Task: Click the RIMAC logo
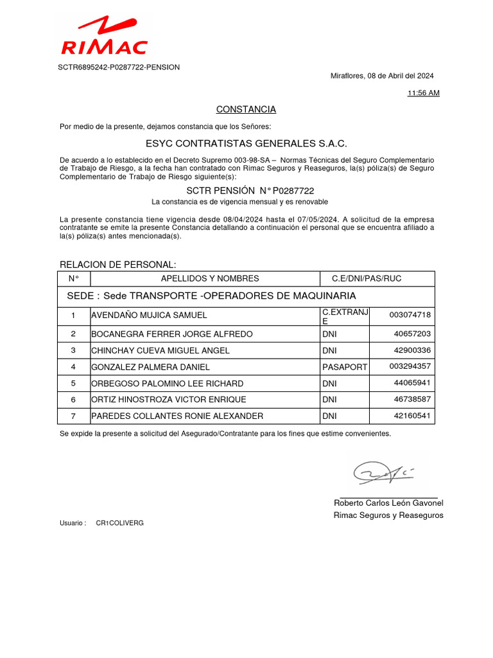pos(104,37)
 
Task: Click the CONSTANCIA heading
pos(246,109)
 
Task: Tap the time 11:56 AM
pos(423,93)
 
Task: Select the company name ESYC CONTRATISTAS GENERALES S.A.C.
pos(246,143)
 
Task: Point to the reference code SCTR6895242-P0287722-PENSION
pos(119,67)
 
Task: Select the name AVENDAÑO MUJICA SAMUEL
pos(149,316)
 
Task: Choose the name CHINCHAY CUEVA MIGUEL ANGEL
pos(160,351)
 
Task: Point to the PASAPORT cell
pos(344,367)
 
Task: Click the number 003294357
pos(410,367)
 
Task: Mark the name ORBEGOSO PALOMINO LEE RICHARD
pos(168,384)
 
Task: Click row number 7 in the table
pos(73,416)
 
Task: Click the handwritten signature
pos(383,473)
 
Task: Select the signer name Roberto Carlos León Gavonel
pos(388,502)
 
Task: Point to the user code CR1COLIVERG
pos(120,523)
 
